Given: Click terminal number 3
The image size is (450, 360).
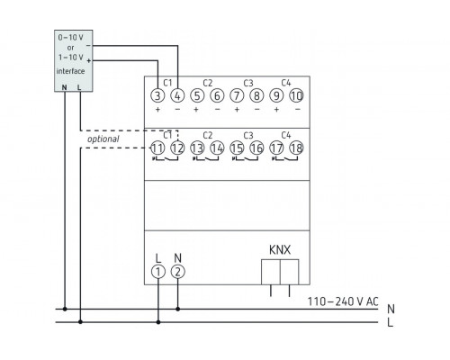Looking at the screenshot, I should pyautogui.click(x=158, y=95).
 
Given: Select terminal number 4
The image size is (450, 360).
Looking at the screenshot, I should pyautogui.click(x=177, y=95).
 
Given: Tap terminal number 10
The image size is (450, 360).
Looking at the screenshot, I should pyautogui.click(x=296, y=95).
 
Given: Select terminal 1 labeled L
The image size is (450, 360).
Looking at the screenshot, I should pyautogui.click(x=158, y=271).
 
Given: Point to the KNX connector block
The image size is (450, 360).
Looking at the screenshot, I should pyautogui.click(x=279, y=271).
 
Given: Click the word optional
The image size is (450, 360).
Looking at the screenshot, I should pyautogui.click(x=103, y=139).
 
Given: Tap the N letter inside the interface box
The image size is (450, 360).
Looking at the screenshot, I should pyautogui.click(x=64, y=86).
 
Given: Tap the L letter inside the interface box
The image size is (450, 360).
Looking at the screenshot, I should pyautogui.click(x=81, y=86).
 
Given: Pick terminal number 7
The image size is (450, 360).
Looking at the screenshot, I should pyautogui.click(x=237, y=95).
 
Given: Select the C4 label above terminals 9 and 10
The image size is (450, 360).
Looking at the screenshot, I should pyautogui.click(x=286, y=81).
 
